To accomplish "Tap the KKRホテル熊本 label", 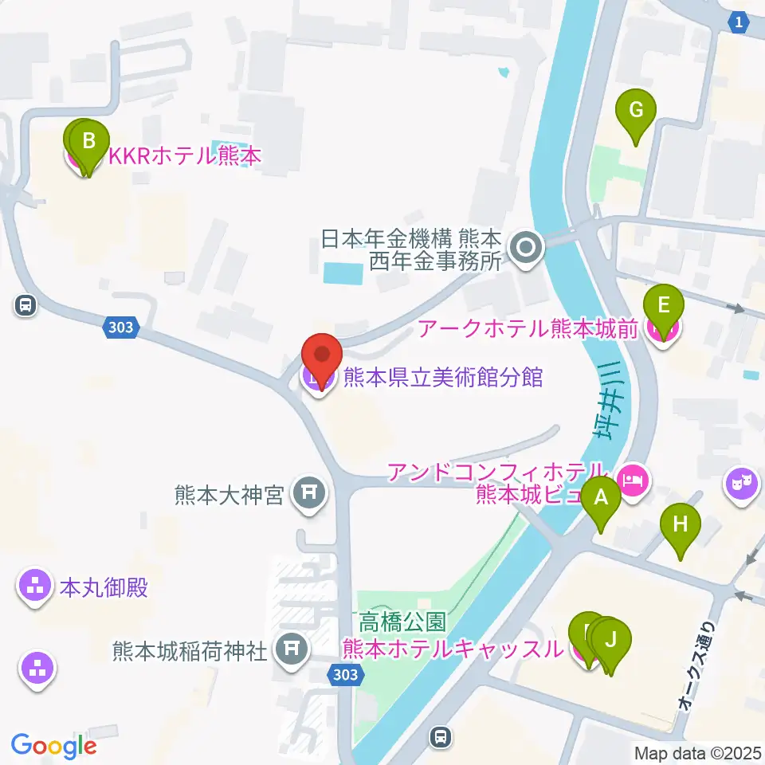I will [184, 157].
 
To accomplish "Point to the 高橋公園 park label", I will [402, 620].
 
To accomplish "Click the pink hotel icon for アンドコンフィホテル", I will [634, 479].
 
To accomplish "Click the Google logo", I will [53, 746].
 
